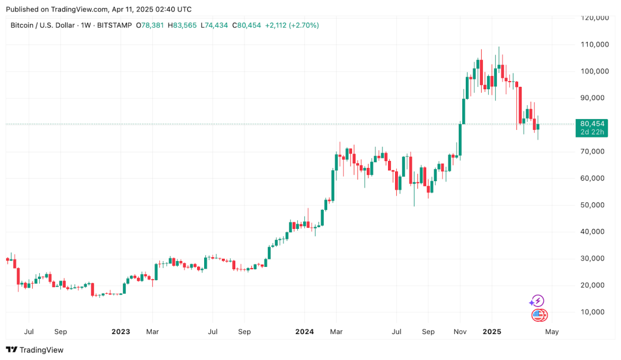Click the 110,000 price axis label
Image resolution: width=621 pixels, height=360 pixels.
(x=595, y=45)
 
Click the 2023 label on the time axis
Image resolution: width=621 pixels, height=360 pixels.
(x=121, y=332)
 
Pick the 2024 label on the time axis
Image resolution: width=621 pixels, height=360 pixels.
(x=304, y=332)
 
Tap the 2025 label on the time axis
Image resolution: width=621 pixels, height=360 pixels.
(x=492, y=332)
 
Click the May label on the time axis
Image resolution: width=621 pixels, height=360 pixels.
(x=551, y=332)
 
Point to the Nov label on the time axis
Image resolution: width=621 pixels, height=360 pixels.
(x=460, y=332)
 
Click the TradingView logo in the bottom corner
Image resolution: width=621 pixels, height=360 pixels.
(x=34, y=350)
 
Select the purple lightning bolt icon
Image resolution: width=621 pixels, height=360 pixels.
(x=537, y=301)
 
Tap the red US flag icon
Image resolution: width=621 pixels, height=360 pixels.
(x=538, y=315)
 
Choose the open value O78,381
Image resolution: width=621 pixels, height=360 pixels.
(x=149, y=25)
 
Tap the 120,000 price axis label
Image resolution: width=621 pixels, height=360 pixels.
(x=595, y=18)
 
